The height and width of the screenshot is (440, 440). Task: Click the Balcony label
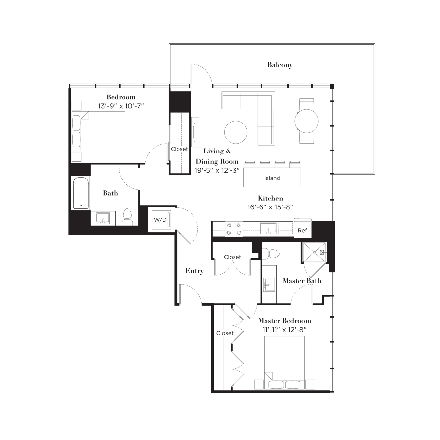point(280,65)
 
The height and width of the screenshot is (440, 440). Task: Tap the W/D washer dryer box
point(160,220)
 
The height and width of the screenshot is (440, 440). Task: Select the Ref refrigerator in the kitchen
point(303,230)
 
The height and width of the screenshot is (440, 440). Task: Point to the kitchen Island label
point(272,178)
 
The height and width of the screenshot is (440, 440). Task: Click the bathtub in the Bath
point(81,193)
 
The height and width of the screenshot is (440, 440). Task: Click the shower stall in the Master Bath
point(314,253)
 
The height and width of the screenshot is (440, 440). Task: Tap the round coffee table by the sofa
point(235,132)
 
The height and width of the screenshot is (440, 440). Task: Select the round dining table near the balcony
point(306,121)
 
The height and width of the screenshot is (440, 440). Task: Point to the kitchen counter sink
point(268,229)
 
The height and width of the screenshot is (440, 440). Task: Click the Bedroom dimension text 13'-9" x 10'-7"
point(121,106)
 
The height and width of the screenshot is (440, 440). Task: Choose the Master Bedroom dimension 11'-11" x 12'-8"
point(285,330)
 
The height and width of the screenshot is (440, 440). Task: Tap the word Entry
point(194,271)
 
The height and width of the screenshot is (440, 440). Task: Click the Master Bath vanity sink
point(269,285)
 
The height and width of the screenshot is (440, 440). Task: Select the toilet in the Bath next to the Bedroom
point(128,217)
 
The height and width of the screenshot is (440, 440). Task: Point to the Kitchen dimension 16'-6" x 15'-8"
point(270,207)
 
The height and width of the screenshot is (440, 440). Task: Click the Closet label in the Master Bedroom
point(225,333)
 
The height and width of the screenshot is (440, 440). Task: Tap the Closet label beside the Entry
point(233,257)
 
